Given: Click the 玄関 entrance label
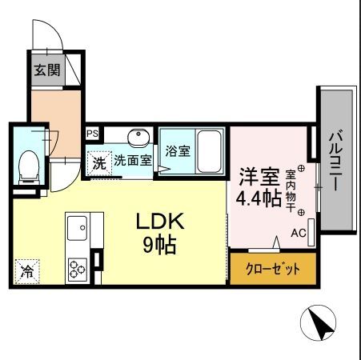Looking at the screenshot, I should [46, 70].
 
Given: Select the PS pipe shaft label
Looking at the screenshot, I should [92, 134].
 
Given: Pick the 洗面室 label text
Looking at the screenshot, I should [132, 160].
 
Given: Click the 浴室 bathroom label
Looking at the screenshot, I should [177, 150].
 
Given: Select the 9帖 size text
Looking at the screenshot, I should [159, 244].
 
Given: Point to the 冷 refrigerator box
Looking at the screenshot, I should [27, 271].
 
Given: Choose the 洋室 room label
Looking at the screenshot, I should [256, 174].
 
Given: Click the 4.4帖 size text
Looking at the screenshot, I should [258, 197].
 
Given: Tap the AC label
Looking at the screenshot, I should [298, 234].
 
